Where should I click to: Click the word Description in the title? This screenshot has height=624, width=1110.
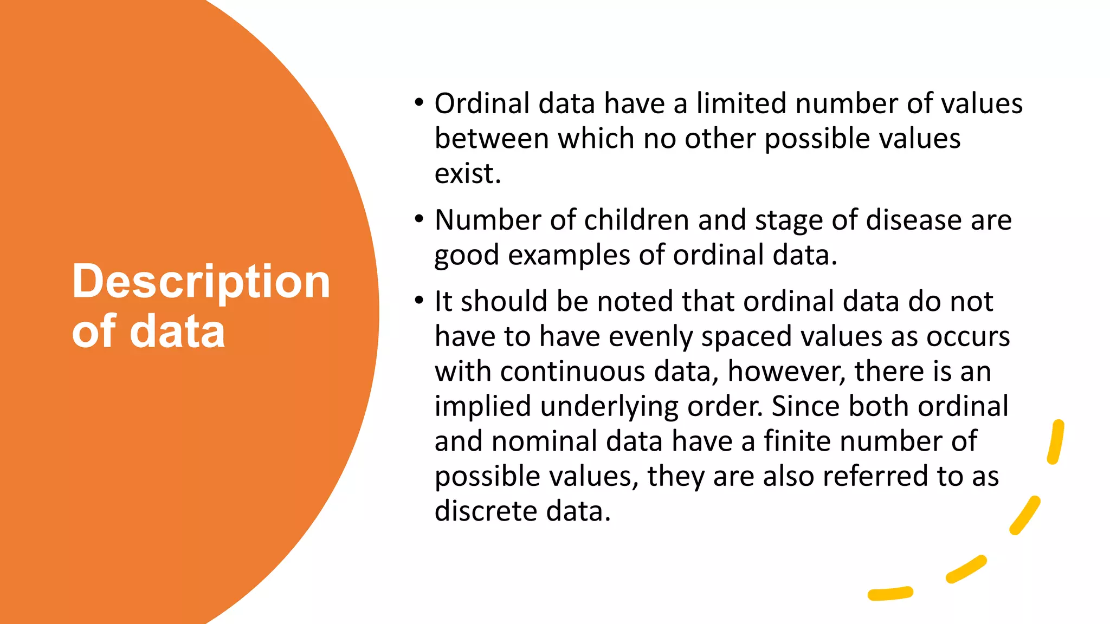[x=201, y=282]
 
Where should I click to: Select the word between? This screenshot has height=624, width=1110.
[x=492, y=139]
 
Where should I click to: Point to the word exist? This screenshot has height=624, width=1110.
[x=467, y=174]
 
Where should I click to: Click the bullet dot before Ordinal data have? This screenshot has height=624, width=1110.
[x=418, y=102]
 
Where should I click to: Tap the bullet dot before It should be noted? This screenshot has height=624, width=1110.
[x=418, y=300]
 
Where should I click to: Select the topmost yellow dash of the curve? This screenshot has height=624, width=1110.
[x=1056, y=441]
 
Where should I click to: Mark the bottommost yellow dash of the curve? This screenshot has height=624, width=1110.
[x=890, y=594]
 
